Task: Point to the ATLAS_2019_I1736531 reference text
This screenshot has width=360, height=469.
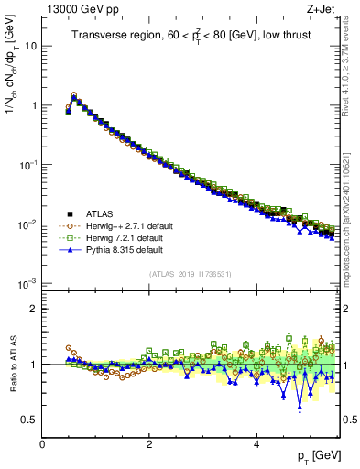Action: (191, 274)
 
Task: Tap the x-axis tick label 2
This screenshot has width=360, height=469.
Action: (149, 442)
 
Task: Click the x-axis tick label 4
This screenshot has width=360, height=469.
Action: (256, 442)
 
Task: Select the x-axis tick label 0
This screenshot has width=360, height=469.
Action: (42, 442)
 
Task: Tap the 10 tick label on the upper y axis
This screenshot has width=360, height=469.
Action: (30, 46)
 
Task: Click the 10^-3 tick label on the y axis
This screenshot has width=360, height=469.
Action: (27, 284)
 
